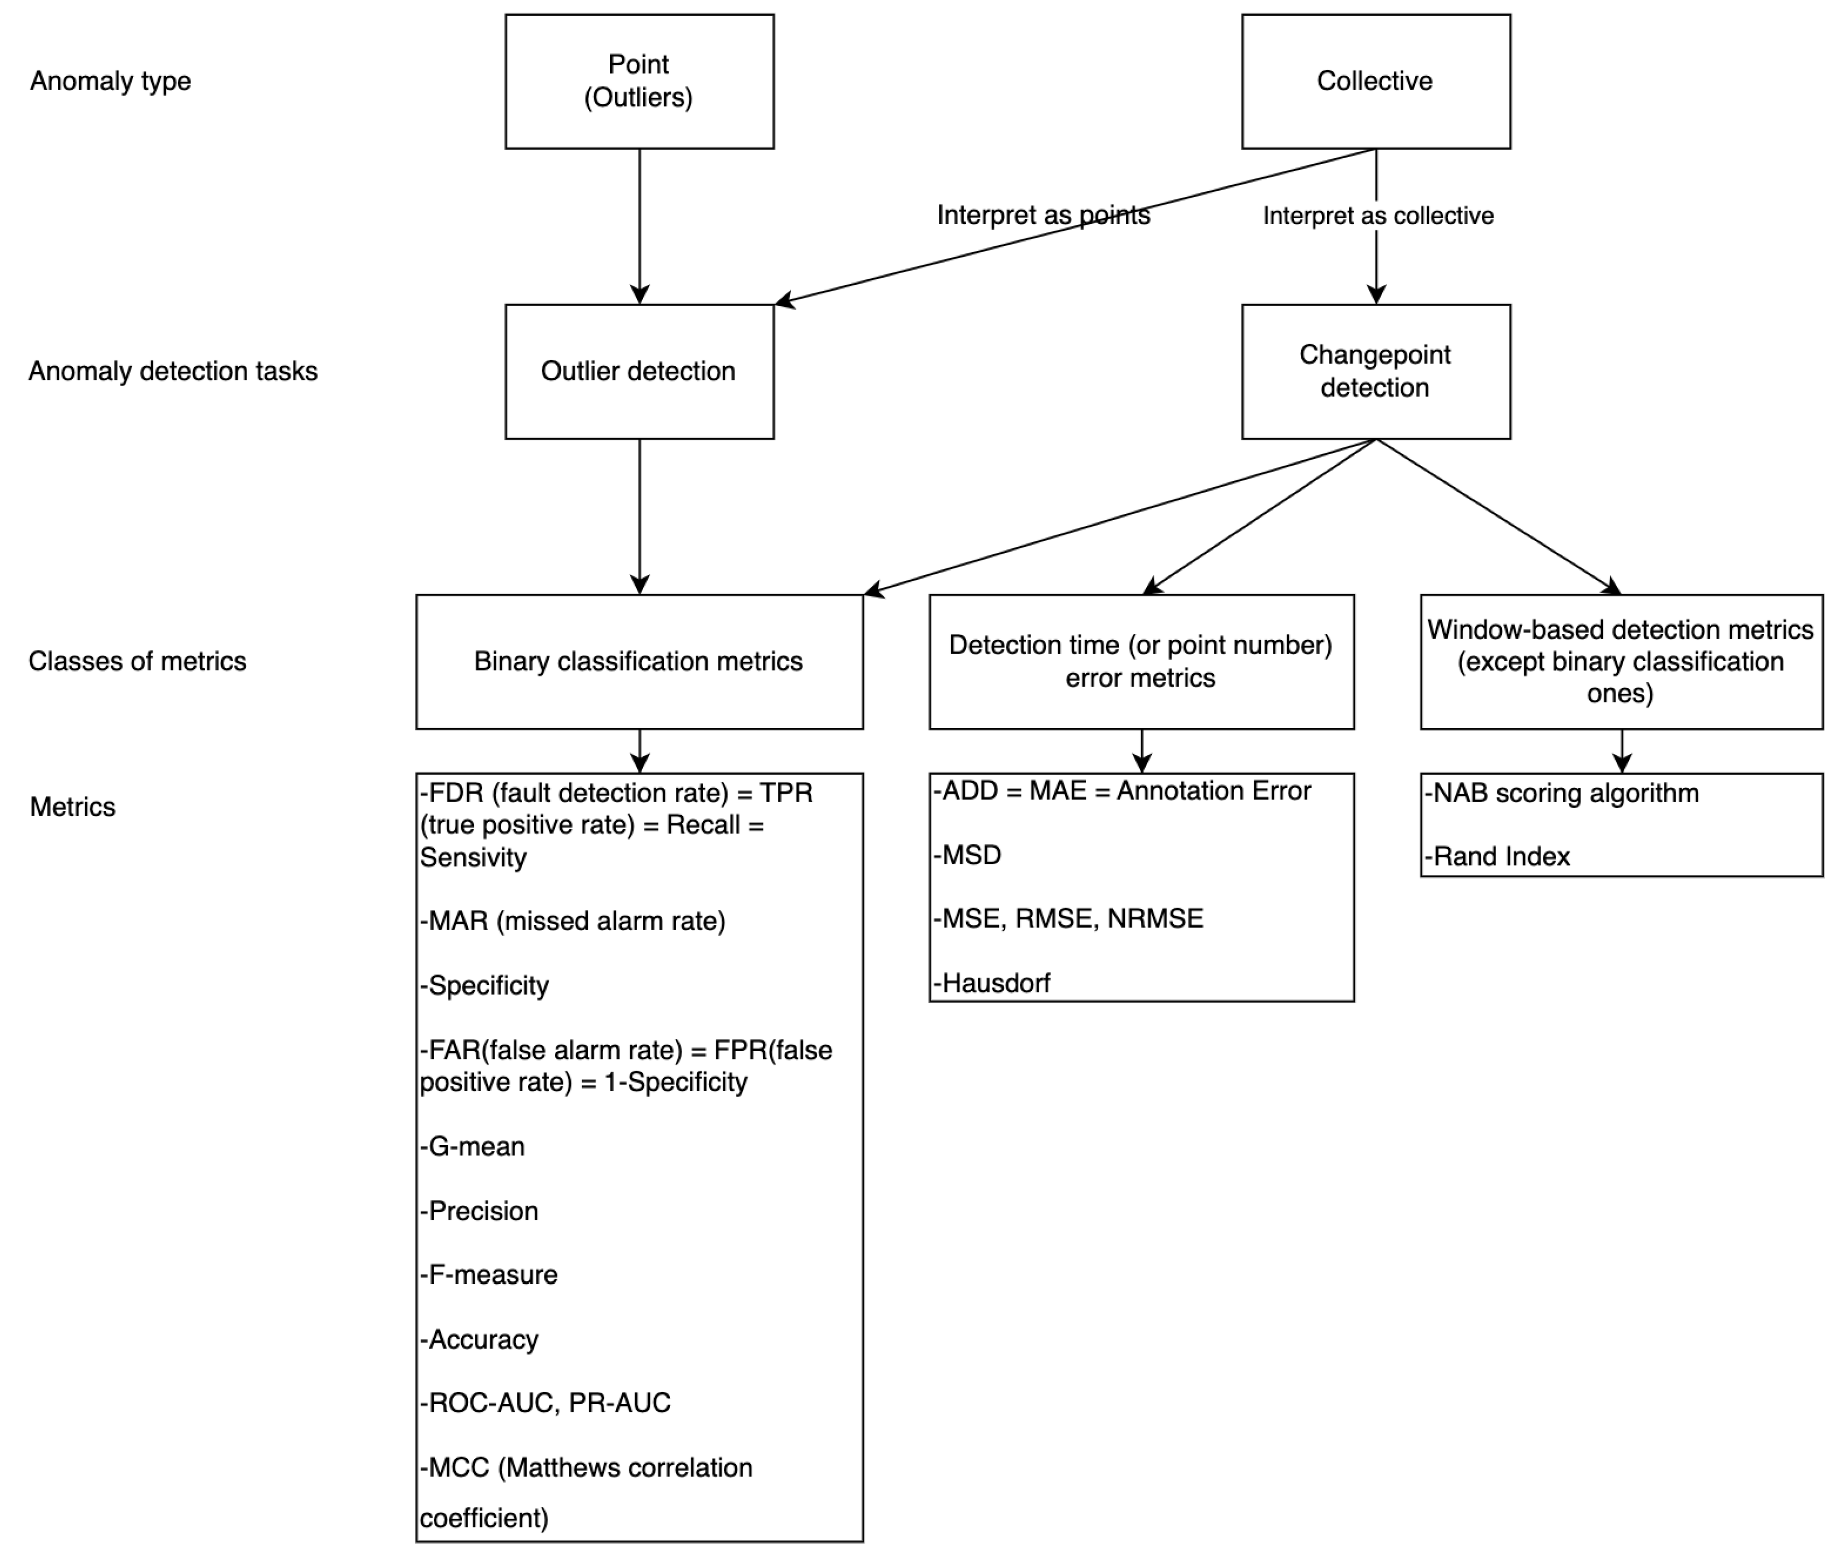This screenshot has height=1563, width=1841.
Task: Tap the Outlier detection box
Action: (639, 371)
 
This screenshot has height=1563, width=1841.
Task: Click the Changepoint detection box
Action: (1375, 371)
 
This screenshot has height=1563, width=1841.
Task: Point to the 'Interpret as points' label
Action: (1043, 215)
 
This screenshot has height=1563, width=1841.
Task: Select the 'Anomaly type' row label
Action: (111, 81)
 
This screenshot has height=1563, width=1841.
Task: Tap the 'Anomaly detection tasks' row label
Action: (173, 371)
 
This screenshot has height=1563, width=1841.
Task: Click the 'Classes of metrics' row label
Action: (137, 661)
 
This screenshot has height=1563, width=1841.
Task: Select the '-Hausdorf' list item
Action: (992, 983)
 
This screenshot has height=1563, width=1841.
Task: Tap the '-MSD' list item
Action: (968, 855)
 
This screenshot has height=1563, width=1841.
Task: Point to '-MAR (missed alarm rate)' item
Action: (572, 922)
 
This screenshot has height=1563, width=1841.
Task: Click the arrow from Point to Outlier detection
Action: (640, 226)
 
